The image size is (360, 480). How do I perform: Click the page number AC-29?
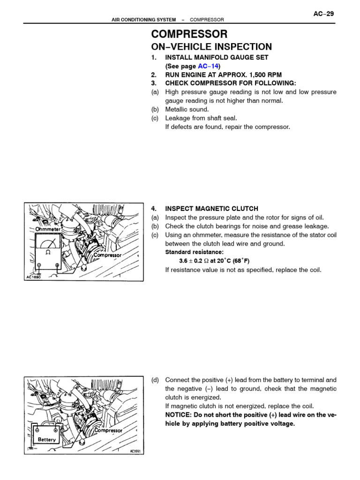click(323, 14)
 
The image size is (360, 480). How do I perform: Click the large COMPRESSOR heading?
click(189, 34)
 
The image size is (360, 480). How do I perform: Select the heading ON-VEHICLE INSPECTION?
click(211, 47)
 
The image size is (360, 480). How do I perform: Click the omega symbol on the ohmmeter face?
click(47, 252)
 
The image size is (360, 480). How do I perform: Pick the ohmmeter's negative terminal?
click(39, 265)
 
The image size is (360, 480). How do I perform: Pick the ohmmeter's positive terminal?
click(57, 265)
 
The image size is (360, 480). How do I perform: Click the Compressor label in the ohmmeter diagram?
click(107, 255)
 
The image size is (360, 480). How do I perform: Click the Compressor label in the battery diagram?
click(108, 430)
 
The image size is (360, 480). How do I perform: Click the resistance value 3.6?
click(183, 261)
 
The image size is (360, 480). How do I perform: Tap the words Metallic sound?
click(187, 110)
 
